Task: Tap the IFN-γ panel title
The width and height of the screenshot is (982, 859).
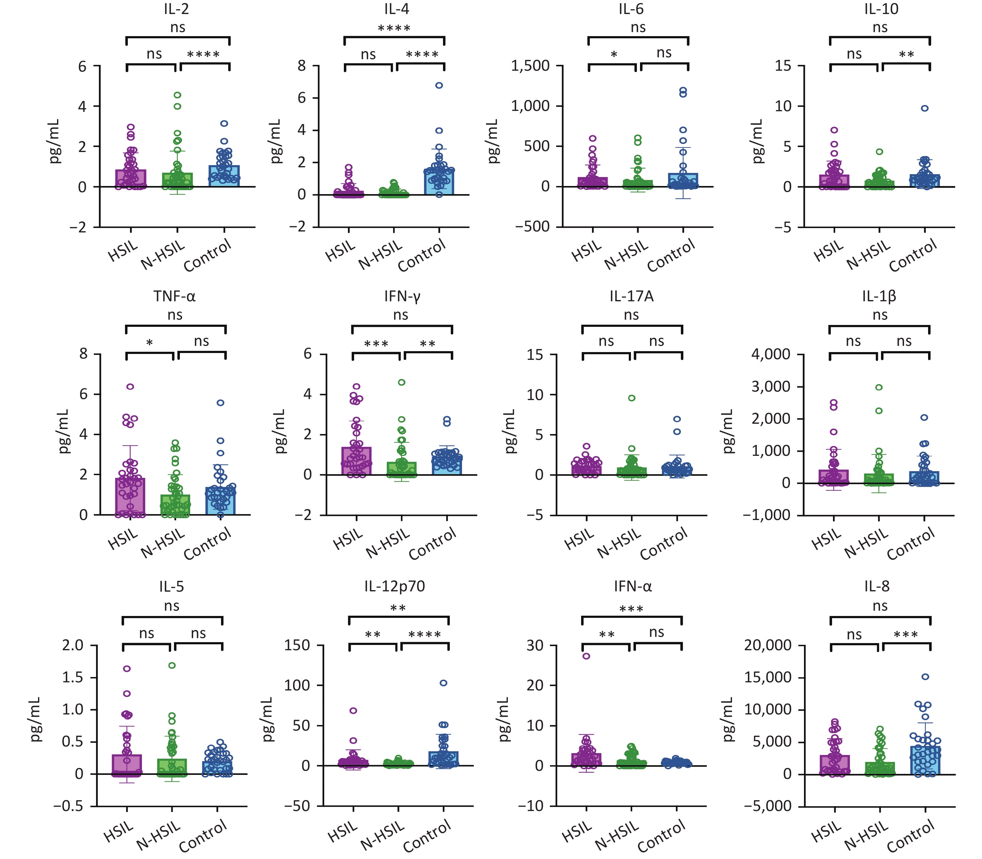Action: pos(402,297)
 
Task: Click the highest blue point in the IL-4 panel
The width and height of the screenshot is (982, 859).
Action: pos(439,85)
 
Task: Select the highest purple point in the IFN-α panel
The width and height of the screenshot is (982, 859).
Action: pos(586,656)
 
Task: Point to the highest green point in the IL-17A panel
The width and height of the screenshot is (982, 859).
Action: pos(632,398)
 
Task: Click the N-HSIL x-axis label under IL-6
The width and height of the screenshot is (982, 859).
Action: pos(626,255)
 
